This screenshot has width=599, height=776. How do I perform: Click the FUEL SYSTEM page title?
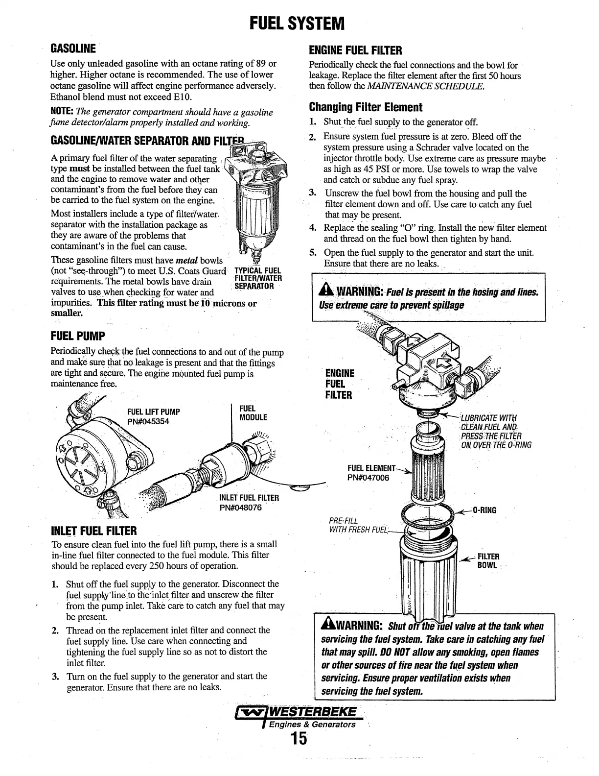[297, 23]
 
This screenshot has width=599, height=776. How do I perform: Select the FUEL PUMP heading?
[78, 337]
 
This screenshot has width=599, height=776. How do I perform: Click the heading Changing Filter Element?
[365, 107]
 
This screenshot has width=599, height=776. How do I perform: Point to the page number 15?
[298, 738]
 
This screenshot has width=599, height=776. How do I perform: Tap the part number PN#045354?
[148, 421]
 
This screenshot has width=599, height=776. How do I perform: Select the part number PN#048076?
[241, 508]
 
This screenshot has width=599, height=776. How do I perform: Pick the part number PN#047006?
[369, 477]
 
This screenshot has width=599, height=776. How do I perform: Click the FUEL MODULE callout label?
[253, 413]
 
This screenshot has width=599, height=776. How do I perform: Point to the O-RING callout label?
[484, 510]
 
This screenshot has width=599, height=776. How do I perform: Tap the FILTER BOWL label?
[488, 560]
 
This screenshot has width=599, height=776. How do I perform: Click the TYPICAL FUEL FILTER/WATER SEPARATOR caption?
[258, 279]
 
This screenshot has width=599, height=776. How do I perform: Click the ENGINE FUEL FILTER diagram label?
[340, 384]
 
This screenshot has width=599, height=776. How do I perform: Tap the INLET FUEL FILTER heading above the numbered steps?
[94, 531]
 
